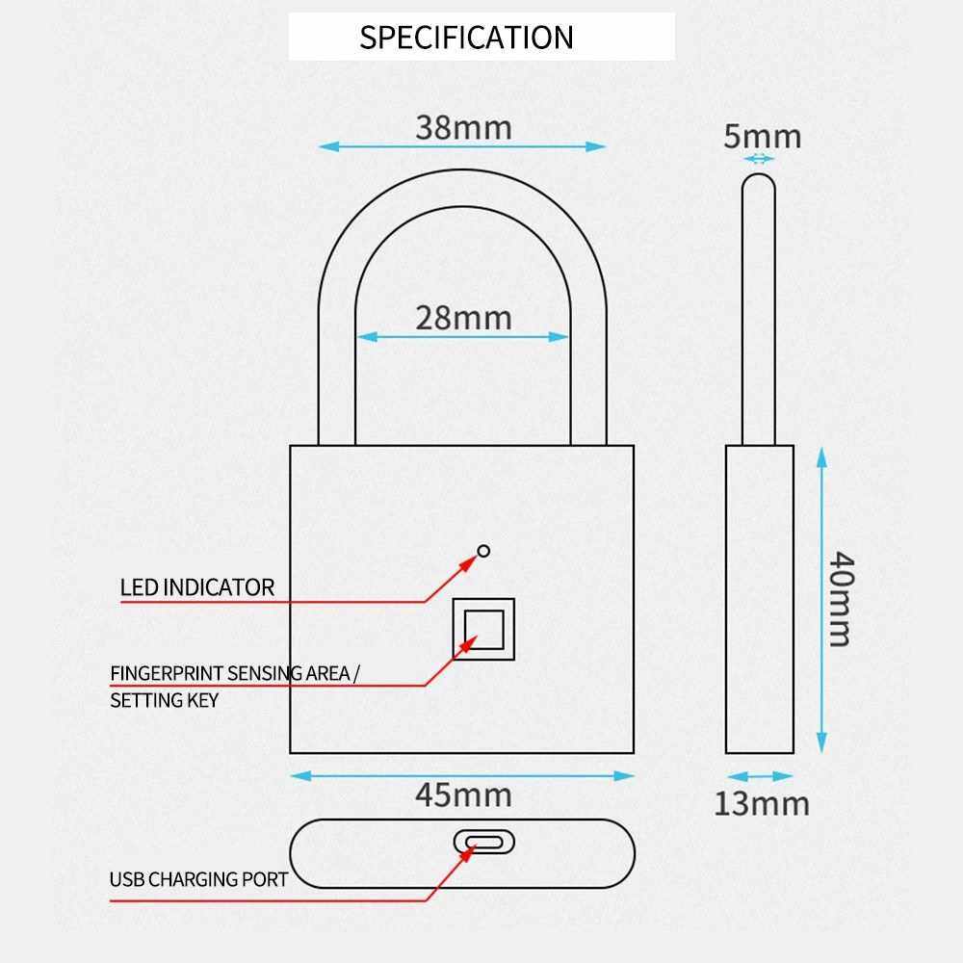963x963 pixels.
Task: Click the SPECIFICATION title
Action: (466, 38)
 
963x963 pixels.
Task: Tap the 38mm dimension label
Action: (464, 128)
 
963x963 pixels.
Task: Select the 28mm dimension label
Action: (464, 318)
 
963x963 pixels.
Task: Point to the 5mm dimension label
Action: (762, 137)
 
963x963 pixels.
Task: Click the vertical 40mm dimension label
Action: (841, 599)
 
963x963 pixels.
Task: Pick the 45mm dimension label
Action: (464, 795)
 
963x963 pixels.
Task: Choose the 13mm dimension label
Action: (762, 804)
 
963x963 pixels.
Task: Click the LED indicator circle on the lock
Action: (483, 551)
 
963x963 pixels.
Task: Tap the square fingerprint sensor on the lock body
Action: (484, 629)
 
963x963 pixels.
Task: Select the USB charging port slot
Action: (484, 842)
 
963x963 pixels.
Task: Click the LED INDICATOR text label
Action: (197, 587)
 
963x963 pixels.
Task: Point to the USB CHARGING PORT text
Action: (199, 879)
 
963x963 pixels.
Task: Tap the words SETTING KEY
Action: (165, 700)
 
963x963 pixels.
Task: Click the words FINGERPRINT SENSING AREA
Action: (230, 674)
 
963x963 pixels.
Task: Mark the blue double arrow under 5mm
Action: (759, 159)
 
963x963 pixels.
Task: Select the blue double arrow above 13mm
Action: (760, 776)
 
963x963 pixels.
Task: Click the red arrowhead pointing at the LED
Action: (469, 562)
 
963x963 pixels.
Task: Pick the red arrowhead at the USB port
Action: (469, 852)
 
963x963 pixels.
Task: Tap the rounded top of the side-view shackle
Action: (759, 182)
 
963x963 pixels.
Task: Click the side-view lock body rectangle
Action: (760, 599)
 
